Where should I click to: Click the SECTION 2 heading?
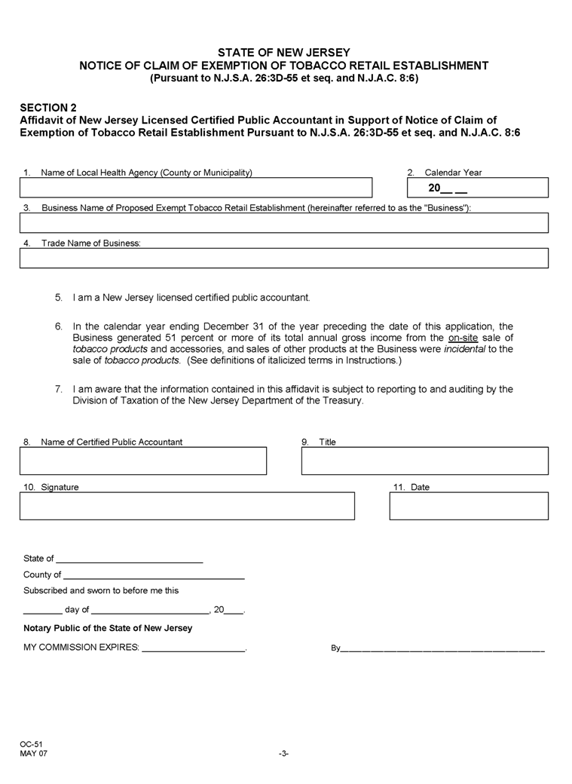[47, 108]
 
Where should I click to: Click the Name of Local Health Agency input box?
[196, 188]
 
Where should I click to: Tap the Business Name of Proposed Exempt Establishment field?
[284, 222]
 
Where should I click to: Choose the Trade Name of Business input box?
[284, 258]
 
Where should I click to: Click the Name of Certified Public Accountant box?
[143, 461]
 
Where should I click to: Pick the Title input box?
[424, 461]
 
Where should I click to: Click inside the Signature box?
[187, 506]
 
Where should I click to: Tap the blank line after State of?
[130, 561]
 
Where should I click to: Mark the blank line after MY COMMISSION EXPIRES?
[194, 649]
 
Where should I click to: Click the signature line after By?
[442, 649]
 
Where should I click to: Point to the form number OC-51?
[32, 744]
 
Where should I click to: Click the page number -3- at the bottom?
[283, 753]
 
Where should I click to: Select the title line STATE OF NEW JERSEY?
[284, 52]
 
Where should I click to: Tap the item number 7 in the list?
[58, 389]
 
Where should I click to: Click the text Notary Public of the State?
[108, 628]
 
